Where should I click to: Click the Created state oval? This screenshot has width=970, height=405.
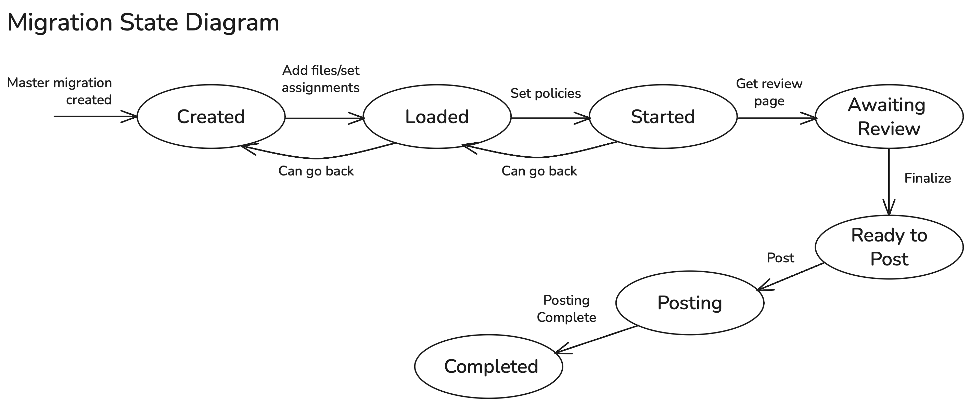(x=211, y=116)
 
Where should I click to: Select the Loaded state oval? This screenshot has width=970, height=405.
(x=437, y=116)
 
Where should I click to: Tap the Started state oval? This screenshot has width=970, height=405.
(x=663, y=116)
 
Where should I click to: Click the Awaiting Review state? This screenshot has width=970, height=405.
(x=889, y=116)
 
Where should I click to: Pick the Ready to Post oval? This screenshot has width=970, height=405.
(x=889, y=247)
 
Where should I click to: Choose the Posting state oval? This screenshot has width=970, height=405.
(x=689, y=303)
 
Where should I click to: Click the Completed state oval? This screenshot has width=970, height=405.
(x=488, y=366)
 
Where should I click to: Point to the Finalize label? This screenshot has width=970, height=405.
(x=928, y=178)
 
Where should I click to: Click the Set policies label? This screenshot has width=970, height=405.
(x=545, y=93)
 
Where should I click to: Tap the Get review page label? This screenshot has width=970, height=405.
(x=769, y=92)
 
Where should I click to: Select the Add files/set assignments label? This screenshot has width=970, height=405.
(x=321, y=79)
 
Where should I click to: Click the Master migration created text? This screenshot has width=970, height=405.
(x=60, y=91)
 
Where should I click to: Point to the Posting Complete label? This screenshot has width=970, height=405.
(x=566, y=309)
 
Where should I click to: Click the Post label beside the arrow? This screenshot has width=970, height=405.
(x=780, y=258)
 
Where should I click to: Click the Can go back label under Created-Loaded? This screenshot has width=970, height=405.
(x=316, y=171)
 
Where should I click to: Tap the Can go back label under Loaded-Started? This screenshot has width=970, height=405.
(x=539, y=171)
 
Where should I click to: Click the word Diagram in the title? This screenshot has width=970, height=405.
(x=232, y=23)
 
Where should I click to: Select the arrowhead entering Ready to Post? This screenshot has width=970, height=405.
(x=889, y=209)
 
